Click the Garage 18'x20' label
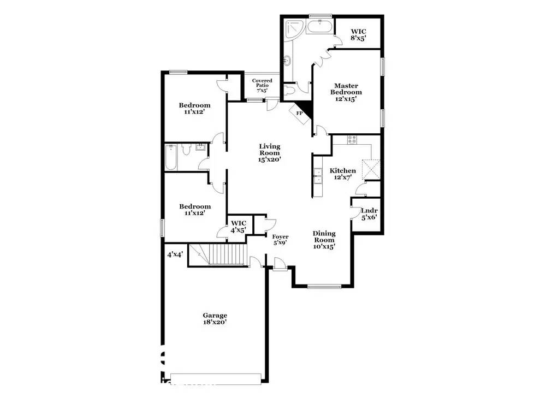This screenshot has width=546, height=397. tap(215, 319)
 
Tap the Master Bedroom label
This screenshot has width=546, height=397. tap(346, 92)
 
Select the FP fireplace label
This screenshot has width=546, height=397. tap(299, 113)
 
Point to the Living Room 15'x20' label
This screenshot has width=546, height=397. tap(270, 153)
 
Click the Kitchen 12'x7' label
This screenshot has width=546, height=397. tap(343, 174)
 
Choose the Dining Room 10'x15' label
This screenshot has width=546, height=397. tap(324, 240)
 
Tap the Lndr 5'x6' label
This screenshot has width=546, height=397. tap(369, 214)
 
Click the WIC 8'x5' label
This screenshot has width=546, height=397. tap(358, 35)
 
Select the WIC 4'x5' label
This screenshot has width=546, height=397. tap(239, 227)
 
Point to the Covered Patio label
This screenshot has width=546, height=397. tap(262, 85)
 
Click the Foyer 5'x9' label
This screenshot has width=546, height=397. tap(280, 240)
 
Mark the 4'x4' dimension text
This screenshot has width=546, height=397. tap(175, 254)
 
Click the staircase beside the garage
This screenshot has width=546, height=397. tap(218, 254)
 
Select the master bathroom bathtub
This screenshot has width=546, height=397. tap(320, 27)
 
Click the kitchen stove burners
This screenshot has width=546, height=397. tap(352, 140)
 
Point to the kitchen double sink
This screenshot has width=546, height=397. tap(318, 176)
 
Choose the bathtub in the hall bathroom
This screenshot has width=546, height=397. tap(171, 157)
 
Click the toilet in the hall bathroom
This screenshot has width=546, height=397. tap(186, 150)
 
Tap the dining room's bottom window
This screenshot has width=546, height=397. tap(324, 286)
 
